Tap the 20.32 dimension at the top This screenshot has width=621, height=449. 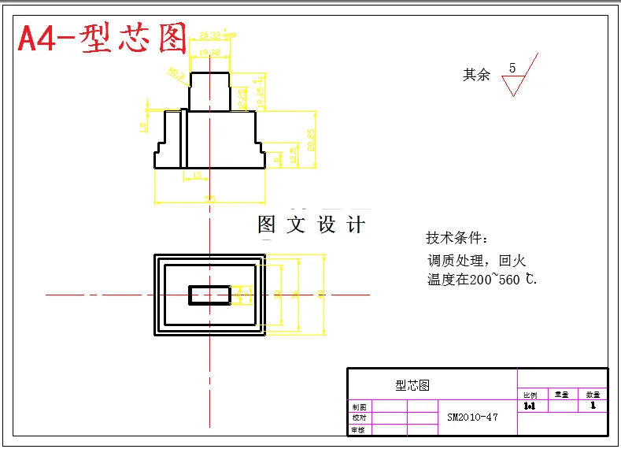click(x=211, y=35)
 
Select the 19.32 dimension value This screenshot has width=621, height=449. click(x=209, y=52)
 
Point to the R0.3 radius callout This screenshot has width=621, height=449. click(x=176, y=75)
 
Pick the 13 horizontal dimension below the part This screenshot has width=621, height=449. click(x=195, y=176)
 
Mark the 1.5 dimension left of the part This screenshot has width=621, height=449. click(x=143, y=126)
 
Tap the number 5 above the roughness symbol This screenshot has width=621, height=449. click(x=512, y=69)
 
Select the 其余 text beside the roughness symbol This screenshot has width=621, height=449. click(x=476, y=75)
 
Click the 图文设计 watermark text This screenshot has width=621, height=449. click(x=312, y=224)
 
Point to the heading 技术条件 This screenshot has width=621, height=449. click(x=457, y=238)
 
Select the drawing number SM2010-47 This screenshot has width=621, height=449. click(x=472, y=417)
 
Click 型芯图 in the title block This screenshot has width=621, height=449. click(x=412, y=385)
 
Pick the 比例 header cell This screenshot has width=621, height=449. click(x=530, y=395)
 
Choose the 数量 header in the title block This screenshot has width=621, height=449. click(x=593, y=395)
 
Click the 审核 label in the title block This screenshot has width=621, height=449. click(x=359, y=429)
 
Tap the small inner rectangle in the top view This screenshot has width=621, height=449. click(x=210, y=295)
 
